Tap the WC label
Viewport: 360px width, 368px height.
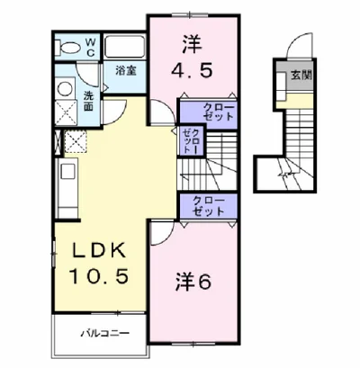tap(91, 48)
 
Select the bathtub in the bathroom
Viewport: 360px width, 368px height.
tap(125, 47)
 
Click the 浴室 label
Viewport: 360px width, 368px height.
tap(126, 71)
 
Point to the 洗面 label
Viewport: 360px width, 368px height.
tap(88, 101)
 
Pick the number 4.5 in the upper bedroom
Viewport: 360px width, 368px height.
tap(192, 71)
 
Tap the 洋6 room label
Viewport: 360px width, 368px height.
tap(193, 282)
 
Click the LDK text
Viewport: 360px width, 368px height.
tap(100, 250)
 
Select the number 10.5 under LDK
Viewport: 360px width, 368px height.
tap(99, 276)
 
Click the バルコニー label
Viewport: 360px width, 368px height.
tap(105, 334)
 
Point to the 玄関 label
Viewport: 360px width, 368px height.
tap(301, 76)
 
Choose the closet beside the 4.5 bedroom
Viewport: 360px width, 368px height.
tap(209, 112)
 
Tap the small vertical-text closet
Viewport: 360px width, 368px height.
tap(191, 140)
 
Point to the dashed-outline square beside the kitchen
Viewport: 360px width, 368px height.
tap(75, 141)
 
